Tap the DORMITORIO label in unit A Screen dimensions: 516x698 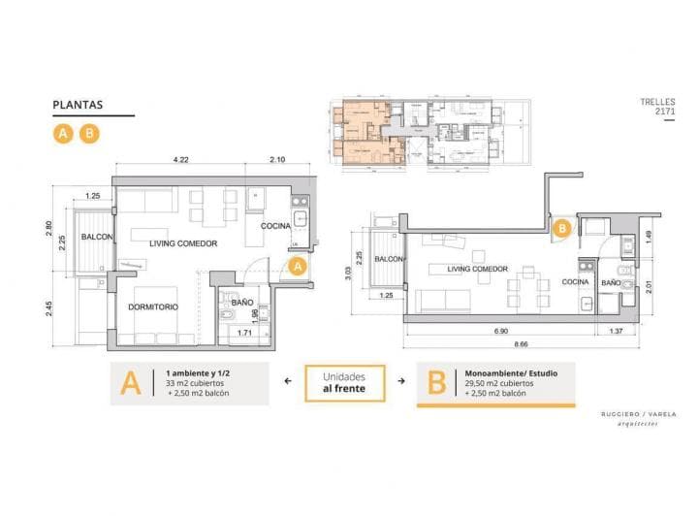pos(155,307)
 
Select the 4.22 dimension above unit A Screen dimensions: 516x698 pos(180,159)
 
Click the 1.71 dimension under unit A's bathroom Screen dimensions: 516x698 pos(245,333)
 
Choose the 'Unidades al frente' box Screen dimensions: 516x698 pos(345,382)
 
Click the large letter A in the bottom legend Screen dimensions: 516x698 pos(130,383)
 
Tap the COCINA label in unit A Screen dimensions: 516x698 pos(276,226)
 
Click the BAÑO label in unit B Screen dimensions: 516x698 pos(611,283)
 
